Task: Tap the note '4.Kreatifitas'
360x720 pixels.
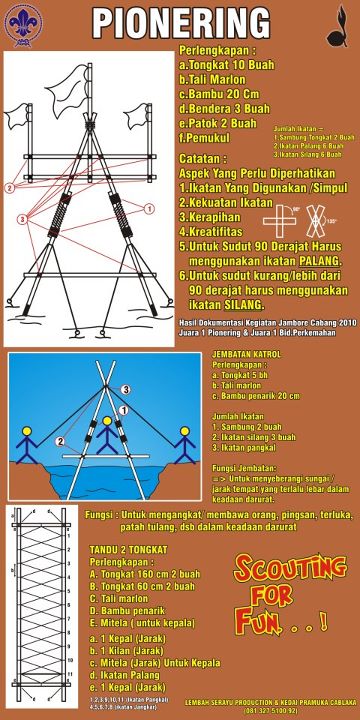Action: pos(214,231)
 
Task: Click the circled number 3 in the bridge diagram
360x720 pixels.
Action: pos(126,388)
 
